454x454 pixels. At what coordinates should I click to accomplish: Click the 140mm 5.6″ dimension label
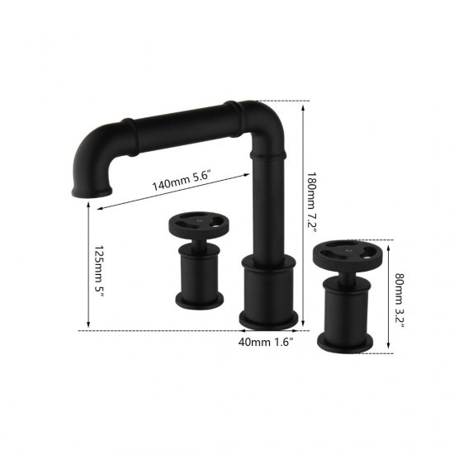pyautogui.click(x=181, y=181)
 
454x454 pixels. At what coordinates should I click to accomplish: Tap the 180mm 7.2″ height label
pyautogui.click(x=311, y=203)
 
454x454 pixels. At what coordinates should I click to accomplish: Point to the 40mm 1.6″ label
pyautogui.click(x=266, y=342)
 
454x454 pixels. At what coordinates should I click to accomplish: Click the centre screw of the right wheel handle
pyautogui.click(x=348, y=248)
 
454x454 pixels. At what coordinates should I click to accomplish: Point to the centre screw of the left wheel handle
pyautogui.click(x=198, y=221)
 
